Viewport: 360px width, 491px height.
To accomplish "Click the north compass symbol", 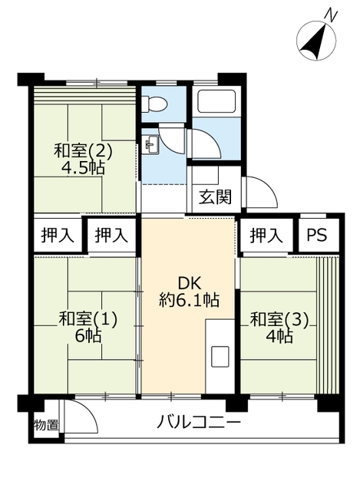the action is tap(315, 40).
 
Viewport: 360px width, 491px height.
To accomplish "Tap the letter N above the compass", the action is tap(331, 15).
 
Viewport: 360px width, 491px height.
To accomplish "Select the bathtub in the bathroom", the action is tap(216, 101).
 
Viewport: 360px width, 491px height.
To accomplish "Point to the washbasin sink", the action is tap(152, 144).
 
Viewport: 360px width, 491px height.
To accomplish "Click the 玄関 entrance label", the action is tap(215, 197).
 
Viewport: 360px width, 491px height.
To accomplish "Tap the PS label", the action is tap(316, 236).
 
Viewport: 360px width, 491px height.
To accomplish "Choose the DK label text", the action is tap(189, 284).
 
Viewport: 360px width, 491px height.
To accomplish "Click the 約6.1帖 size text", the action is tap(189, 300).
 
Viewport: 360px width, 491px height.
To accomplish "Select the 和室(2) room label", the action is tap(83, 151).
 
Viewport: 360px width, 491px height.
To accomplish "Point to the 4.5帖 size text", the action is tap(83, 168).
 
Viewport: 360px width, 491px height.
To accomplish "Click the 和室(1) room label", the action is tap(88, 319).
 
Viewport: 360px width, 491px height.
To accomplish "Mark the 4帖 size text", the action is tap(279, 337).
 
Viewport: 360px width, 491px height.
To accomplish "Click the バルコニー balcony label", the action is tap(199, 423).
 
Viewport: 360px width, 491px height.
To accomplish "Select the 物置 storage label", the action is tap(46, 425).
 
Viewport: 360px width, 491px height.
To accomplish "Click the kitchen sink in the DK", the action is tap(220, 357).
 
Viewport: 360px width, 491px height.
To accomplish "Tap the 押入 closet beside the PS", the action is tap(266, 236).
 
